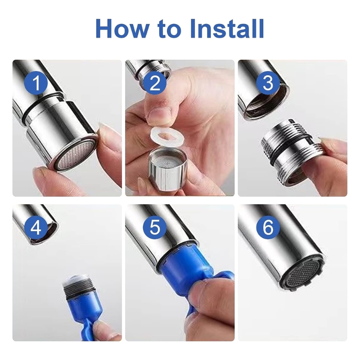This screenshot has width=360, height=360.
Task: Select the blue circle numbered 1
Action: (x=36, y=84)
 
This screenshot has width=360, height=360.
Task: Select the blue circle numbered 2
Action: (x=154, y=84)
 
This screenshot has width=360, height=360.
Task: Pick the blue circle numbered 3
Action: (x=268, y=84)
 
